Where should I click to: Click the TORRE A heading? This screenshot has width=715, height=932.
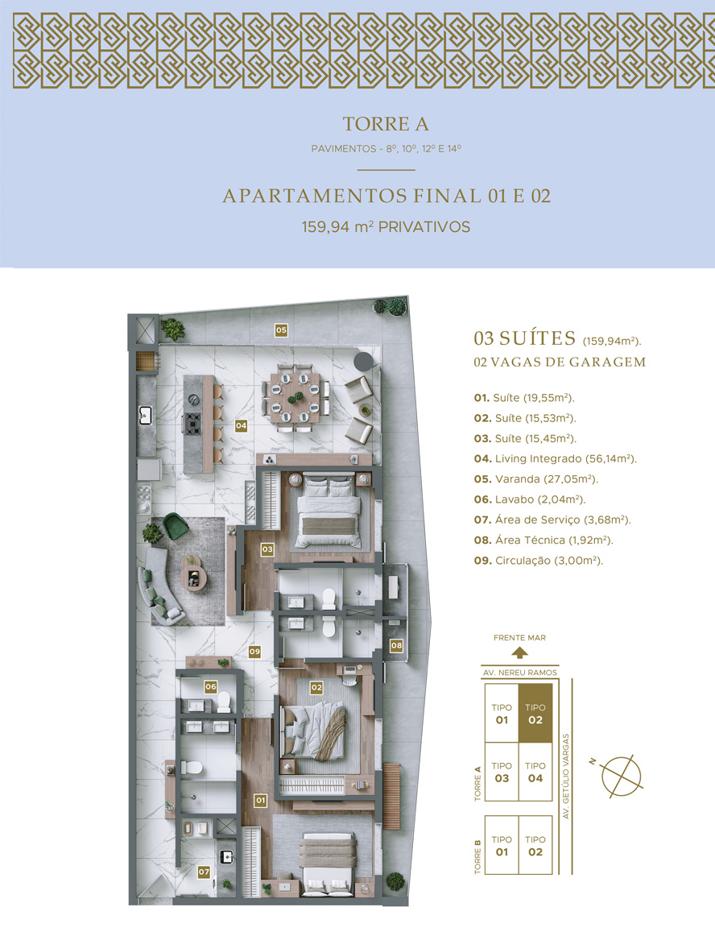[x=386, y=123]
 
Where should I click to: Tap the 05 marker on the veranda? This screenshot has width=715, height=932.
[x=281, y=330]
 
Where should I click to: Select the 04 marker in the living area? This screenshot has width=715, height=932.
[x=241, y=425]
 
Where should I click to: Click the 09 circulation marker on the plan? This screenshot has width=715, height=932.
[x=254, y=652]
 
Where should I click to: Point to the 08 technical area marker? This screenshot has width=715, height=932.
[x=396, y=645]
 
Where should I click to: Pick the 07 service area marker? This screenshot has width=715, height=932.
[x=204, y=872]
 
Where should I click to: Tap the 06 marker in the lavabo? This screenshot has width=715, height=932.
[x=211, y=686]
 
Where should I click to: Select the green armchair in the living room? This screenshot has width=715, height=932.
[x=176, y=526]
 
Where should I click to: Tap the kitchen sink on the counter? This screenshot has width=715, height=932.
[x=145, y=414]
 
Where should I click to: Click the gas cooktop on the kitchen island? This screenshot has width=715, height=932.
[x=192, y=424]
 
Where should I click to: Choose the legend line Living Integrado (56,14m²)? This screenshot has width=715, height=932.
[x=555, y=459]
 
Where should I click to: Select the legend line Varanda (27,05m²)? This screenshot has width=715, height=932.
[x=536, y=479]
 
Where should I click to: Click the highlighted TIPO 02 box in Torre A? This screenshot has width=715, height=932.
[x=535, y=713]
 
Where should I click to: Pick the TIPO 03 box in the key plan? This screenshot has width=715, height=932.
[x=502, y=773]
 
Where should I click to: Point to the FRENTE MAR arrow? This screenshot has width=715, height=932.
[x=519, y=653]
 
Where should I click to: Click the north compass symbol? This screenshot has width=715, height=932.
[x=621, y=777]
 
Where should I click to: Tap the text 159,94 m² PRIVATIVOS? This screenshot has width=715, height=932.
[x=386, y=227]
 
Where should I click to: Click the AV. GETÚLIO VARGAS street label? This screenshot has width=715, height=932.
[x=566, y=777]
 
